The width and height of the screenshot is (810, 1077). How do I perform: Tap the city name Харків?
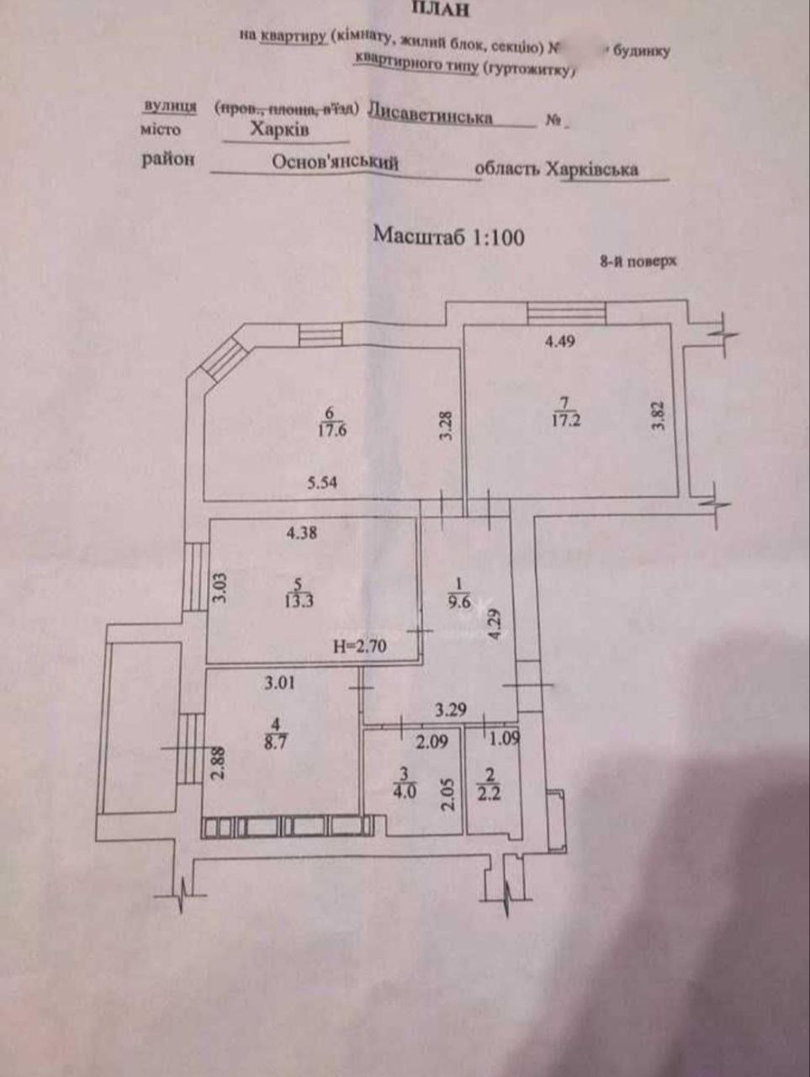[x=279, y=130]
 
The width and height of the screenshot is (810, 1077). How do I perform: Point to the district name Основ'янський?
[x=334, y=163]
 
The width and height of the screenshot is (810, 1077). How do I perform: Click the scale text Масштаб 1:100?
[x=448, y=236]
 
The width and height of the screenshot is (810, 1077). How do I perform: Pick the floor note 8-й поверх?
[x=638, y=262]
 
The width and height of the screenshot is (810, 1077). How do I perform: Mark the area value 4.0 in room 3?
[x=404, y=791]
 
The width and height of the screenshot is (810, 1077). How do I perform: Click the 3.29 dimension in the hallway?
[x=450, y=709]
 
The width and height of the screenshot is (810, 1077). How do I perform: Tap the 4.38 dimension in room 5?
[x=301, y=532]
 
